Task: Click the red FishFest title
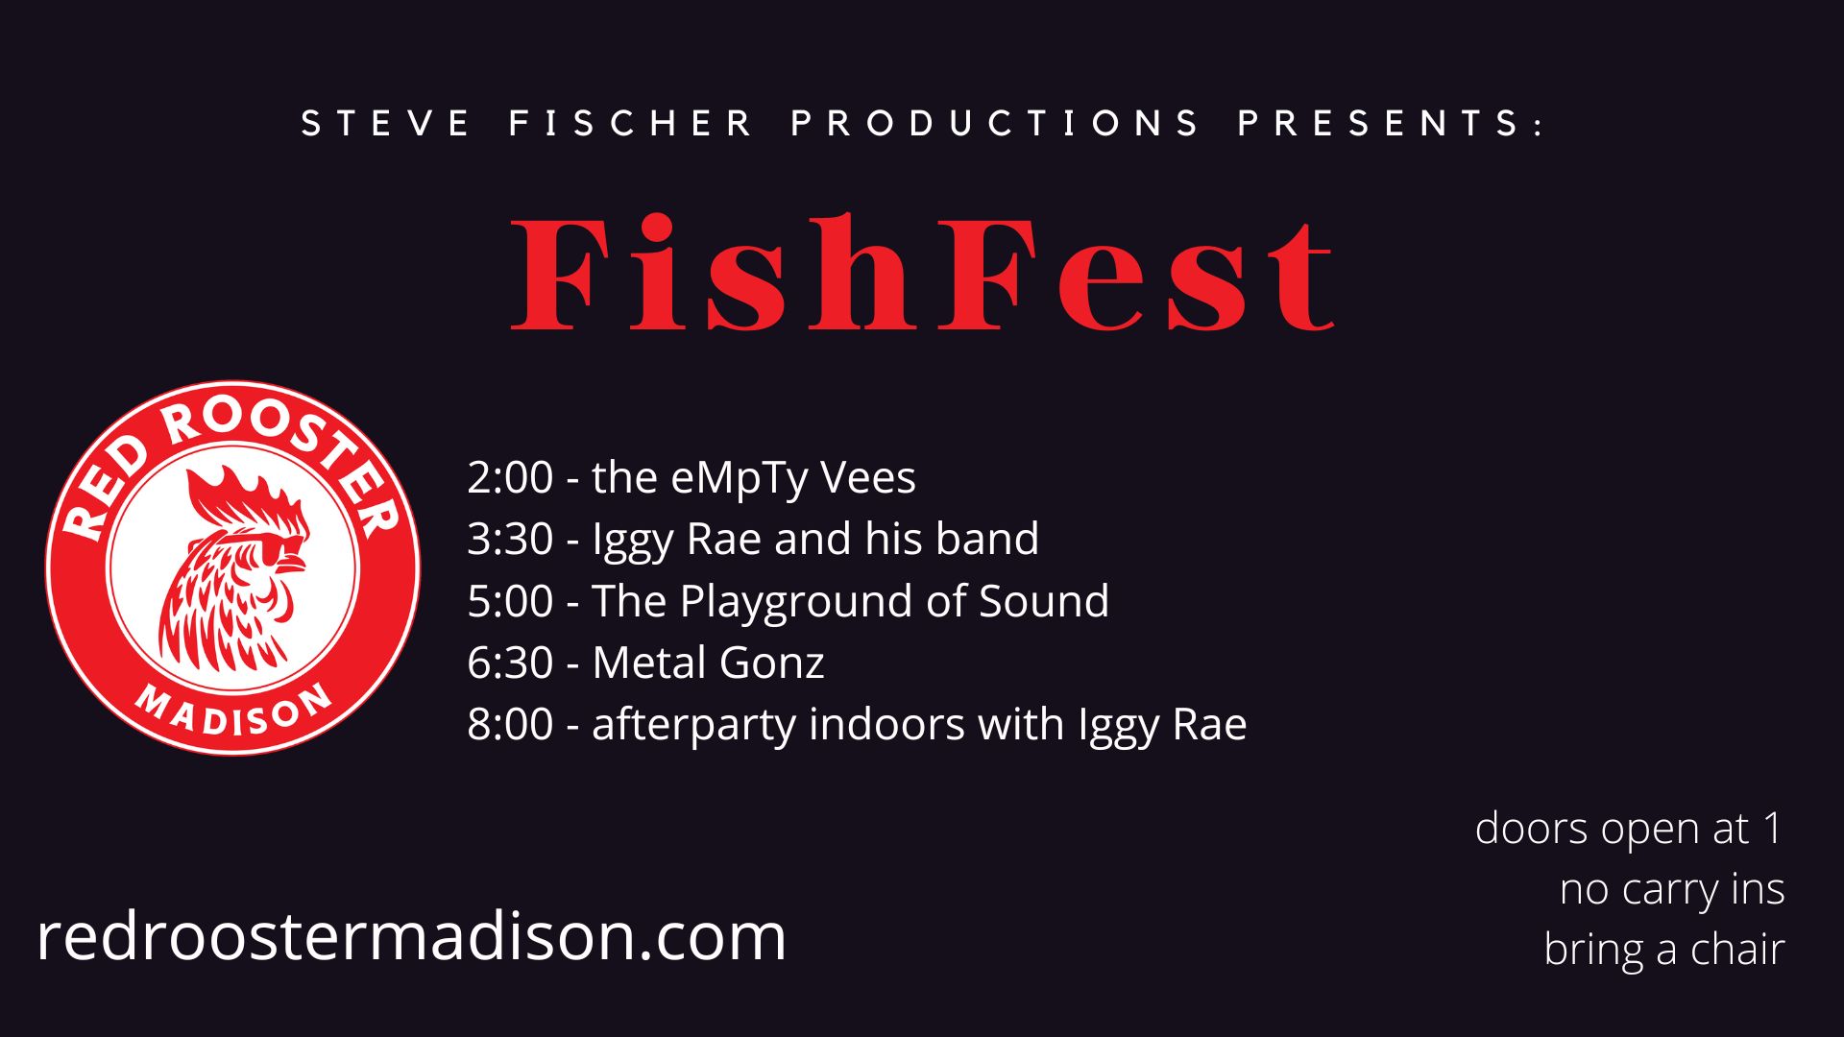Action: [x=923, y=274]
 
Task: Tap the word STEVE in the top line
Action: [x=386, y=124]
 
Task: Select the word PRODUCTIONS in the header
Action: [x=995, y=124]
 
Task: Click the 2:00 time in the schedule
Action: [x=510, y=477]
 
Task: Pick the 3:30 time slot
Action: [x=510, y=539]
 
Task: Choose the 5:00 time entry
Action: [x=510, y=601]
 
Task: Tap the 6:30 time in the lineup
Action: [x=510, y=663]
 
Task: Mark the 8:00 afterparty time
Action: [x=510, y=724]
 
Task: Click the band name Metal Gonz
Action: [x=708, y=663]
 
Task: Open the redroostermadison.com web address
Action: [x=411, y=936]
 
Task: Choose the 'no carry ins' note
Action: [x=1672, y=889]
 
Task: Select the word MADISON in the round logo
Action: [x=233, y=711]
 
